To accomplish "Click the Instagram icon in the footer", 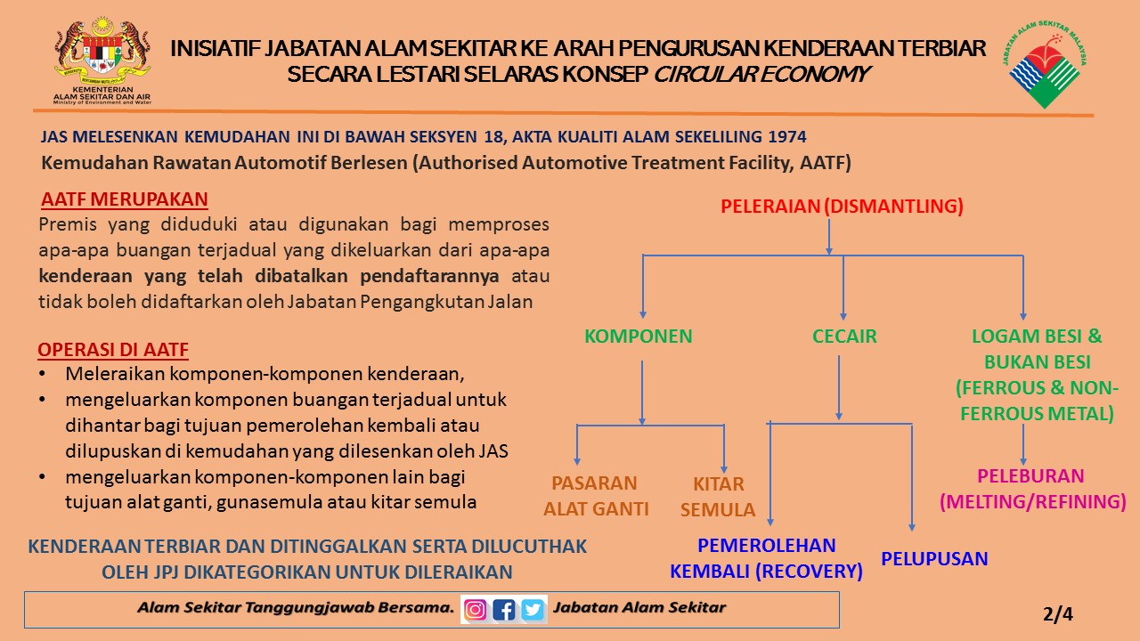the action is pos(475,610).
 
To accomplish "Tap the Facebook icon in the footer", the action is pos(504,610).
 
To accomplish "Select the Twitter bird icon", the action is pos(533,610).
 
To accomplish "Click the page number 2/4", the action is pos(1058,614).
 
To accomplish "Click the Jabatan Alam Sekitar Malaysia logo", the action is pos(1045,64).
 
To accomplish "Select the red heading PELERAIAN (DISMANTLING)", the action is pos(842,206).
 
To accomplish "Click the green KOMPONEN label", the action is pos(639,337).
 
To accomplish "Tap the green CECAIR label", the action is pos(844,337).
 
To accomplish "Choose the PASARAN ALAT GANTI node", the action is pos(596,496).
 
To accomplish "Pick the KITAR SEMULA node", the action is pos(718,497).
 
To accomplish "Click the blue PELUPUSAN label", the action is pos(934,558).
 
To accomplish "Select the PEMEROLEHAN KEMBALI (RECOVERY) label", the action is pos(766,558).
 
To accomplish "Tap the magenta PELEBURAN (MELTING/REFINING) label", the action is pos(1032,489).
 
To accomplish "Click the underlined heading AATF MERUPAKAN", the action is pos(125,199).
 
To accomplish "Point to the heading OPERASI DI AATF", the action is pos(113,350).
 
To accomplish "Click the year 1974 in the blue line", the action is pos(787,136).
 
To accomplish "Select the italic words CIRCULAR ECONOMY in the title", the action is pos(761,74).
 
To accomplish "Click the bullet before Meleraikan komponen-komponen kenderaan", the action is pos(42,374).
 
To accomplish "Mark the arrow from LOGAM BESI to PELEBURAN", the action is pos(1023,444).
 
